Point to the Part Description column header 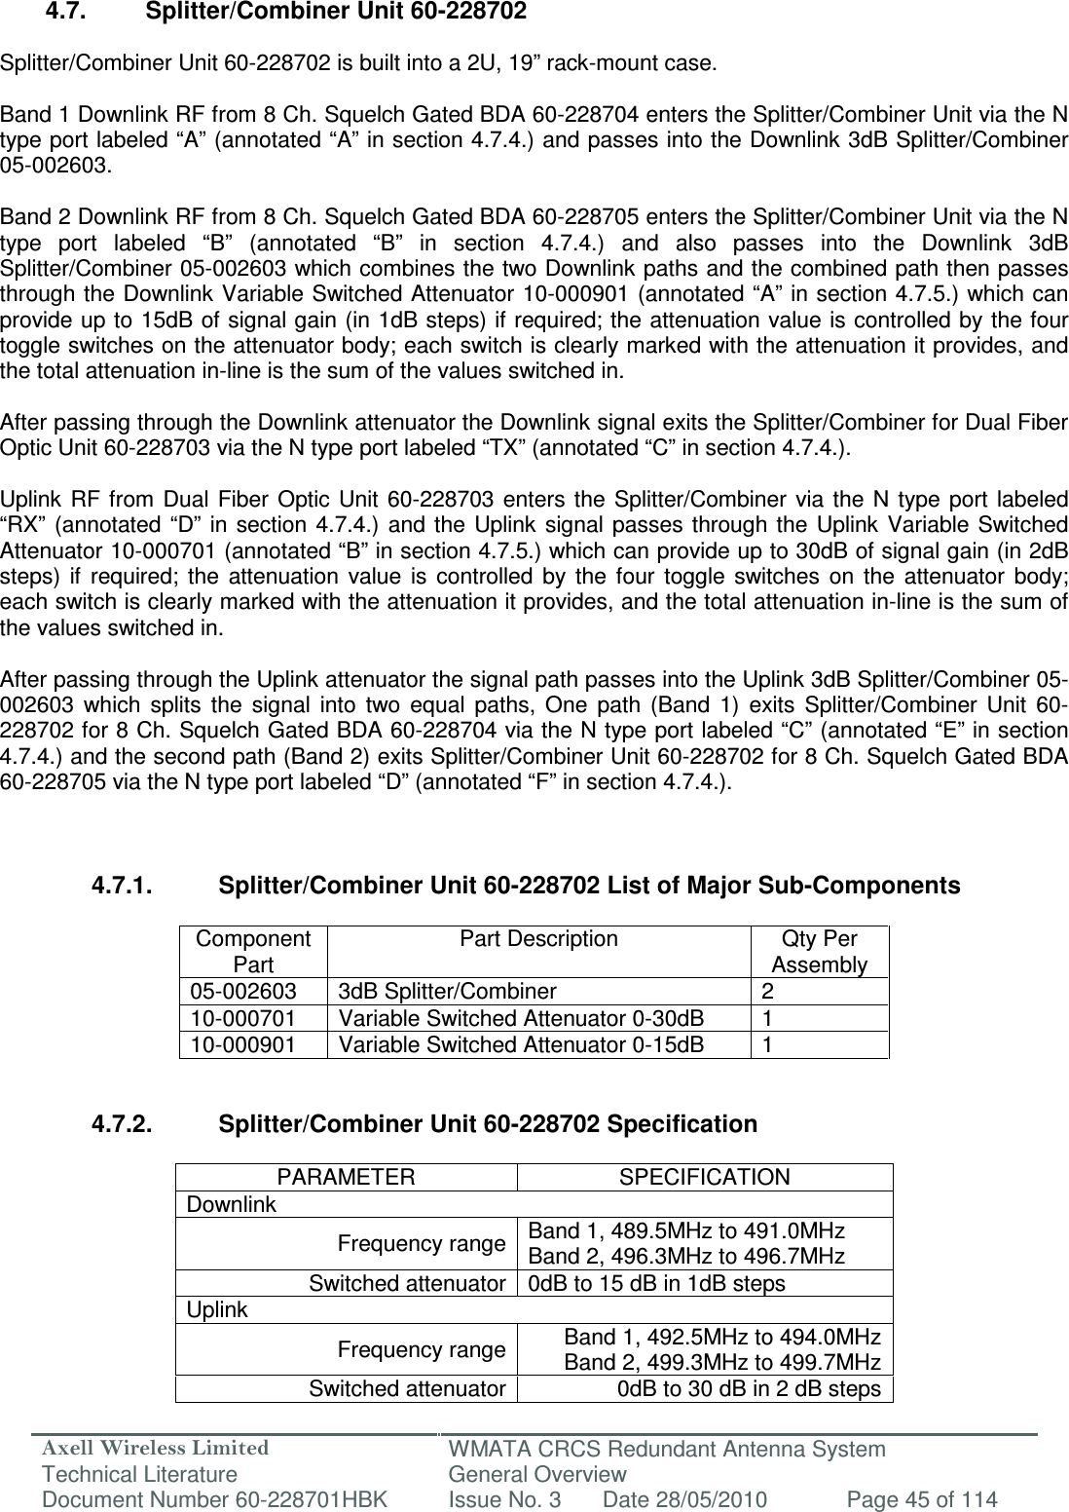[x=538, y=939]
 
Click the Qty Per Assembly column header [x=819, y=952]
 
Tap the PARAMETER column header [x=346, y=1177]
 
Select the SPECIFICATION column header [x=705, y=1177]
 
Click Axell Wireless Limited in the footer [x=133, y=1449]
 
